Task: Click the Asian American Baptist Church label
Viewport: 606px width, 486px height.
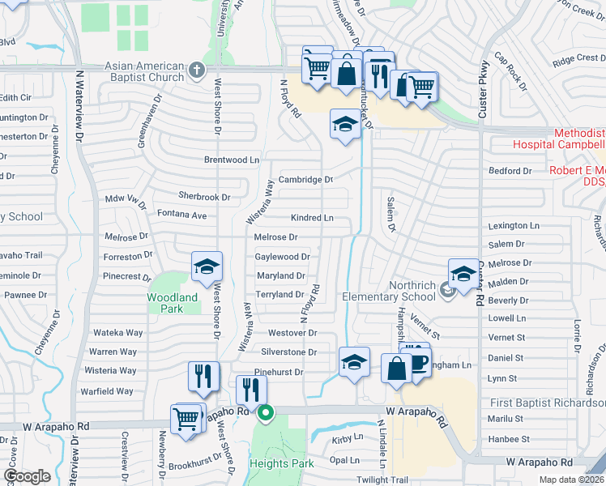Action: tap(144, 71)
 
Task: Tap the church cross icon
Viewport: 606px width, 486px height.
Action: tap(195, 70)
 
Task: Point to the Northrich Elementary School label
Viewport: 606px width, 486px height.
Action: tap(389, 296)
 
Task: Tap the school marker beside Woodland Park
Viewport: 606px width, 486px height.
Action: tap(207, 266)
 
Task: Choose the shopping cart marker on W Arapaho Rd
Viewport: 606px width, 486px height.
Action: tap(186, 419)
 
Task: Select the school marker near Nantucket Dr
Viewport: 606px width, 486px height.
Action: tap(345, 125)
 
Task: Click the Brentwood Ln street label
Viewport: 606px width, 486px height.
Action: tap(232, 160)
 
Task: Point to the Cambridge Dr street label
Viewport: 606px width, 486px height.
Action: tap(306, 180)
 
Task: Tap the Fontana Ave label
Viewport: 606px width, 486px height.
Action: tap(181, 215)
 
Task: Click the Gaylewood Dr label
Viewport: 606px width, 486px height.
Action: tap(282, 257)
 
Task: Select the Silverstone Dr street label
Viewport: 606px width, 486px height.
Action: tap(289, 352)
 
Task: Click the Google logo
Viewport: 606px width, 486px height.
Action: tap(28, 475)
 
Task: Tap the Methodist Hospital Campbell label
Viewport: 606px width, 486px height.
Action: tap(559, 139)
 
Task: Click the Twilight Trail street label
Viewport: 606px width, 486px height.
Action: tap(383, 480)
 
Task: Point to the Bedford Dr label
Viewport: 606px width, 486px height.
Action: tap(510, 171)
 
